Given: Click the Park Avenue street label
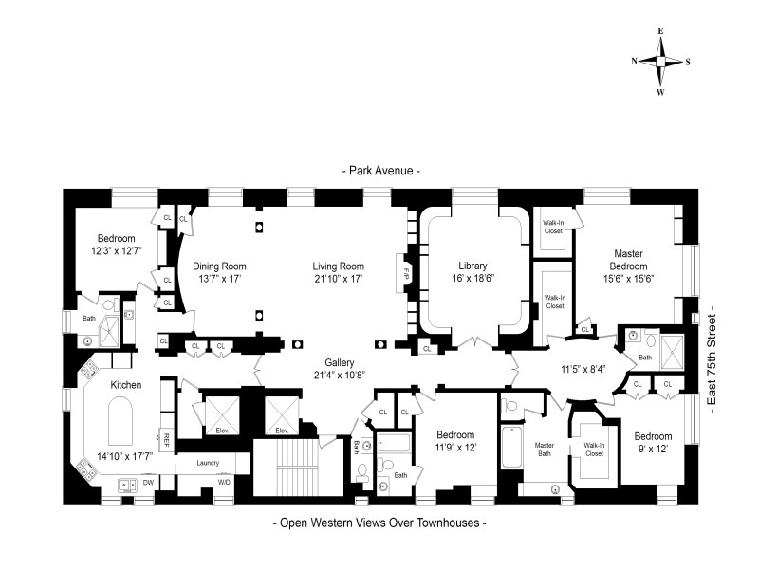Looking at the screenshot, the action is [380, 171].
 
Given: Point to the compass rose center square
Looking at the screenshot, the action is [660, 61].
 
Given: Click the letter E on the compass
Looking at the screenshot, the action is [660, 31].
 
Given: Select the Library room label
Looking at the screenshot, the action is [472, 266].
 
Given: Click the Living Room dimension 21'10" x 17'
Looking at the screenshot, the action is [338, 278].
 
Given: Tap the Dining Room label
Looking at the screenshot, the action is [219, 266].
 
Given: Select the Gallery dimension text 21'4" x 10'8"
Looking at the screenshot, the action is [339, 375].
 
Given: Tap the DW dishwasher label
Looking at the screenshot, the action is [148, 483].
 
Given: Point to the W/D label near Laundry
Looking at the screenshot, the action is [224, 482].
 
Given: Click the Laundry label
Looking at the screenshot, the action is [208, 463].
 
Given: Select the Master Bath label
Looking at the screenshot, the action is [544, 449].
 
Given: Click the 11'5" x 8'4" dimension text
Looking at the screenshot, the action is [583, 369].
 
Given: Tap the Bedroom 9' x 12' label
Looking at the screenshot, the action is [653, 442].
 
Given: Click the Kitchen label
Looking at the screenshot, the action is [126, 385].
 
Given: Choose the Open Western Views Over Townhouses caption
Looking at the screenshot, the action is [380, 523].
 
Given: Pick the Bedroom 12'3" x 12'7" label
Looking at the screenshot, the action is [116, 245].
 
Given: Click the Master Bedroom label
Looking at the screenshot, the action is [628, 260].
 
